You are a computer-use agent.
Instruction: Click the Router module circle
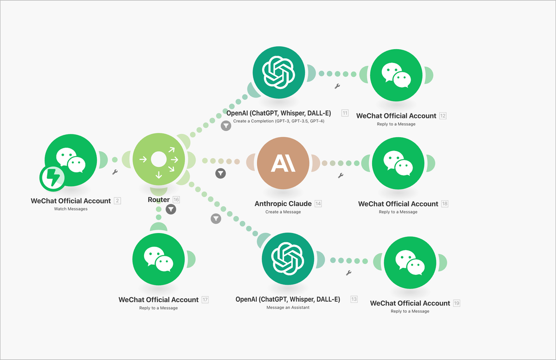point(158,160)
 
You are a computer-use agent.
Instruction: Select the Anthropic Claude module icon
point(283,163)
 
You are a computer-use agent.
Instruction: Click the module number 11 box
point(345,113)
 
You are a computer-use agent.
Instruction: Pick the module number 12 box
point(443,116)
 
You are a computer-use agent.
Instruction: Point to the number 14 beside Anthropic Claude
point(318,204)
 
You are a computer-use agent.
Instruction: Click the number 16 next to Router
point(176,200)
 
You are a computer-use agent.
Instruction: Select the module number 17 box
point(205,300)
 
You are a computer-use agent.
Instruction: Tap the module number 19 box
point(457,303)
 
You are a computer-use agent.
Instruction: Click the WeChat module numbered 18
point(398,163)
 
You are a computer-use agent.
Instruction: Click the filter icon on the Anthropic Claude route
point(221,173)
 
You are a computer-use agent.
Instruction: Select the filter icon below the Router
point(171,209)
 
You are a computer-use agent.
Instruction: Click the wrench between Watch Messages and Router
point(115,172)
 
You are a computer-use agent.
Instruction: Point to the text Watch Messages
point(70,209)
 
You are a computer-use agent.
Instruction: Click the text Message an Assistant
point(288,308)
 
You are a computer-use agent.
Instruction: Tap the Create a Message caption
point(283,212)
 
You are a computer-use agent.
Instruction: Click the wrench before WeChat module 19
point(349,273)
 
